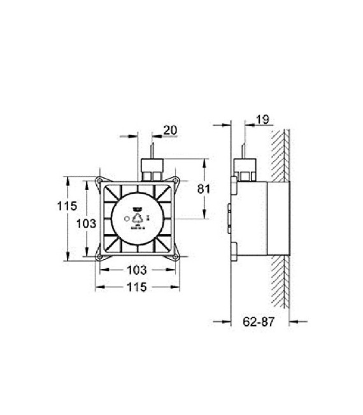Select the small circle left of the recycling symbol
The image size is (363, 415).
[125, 219]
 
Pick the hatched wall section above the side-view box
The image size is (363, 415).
[280, 153]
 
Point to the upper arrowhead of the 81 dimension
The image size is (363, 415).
[203, 162]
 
